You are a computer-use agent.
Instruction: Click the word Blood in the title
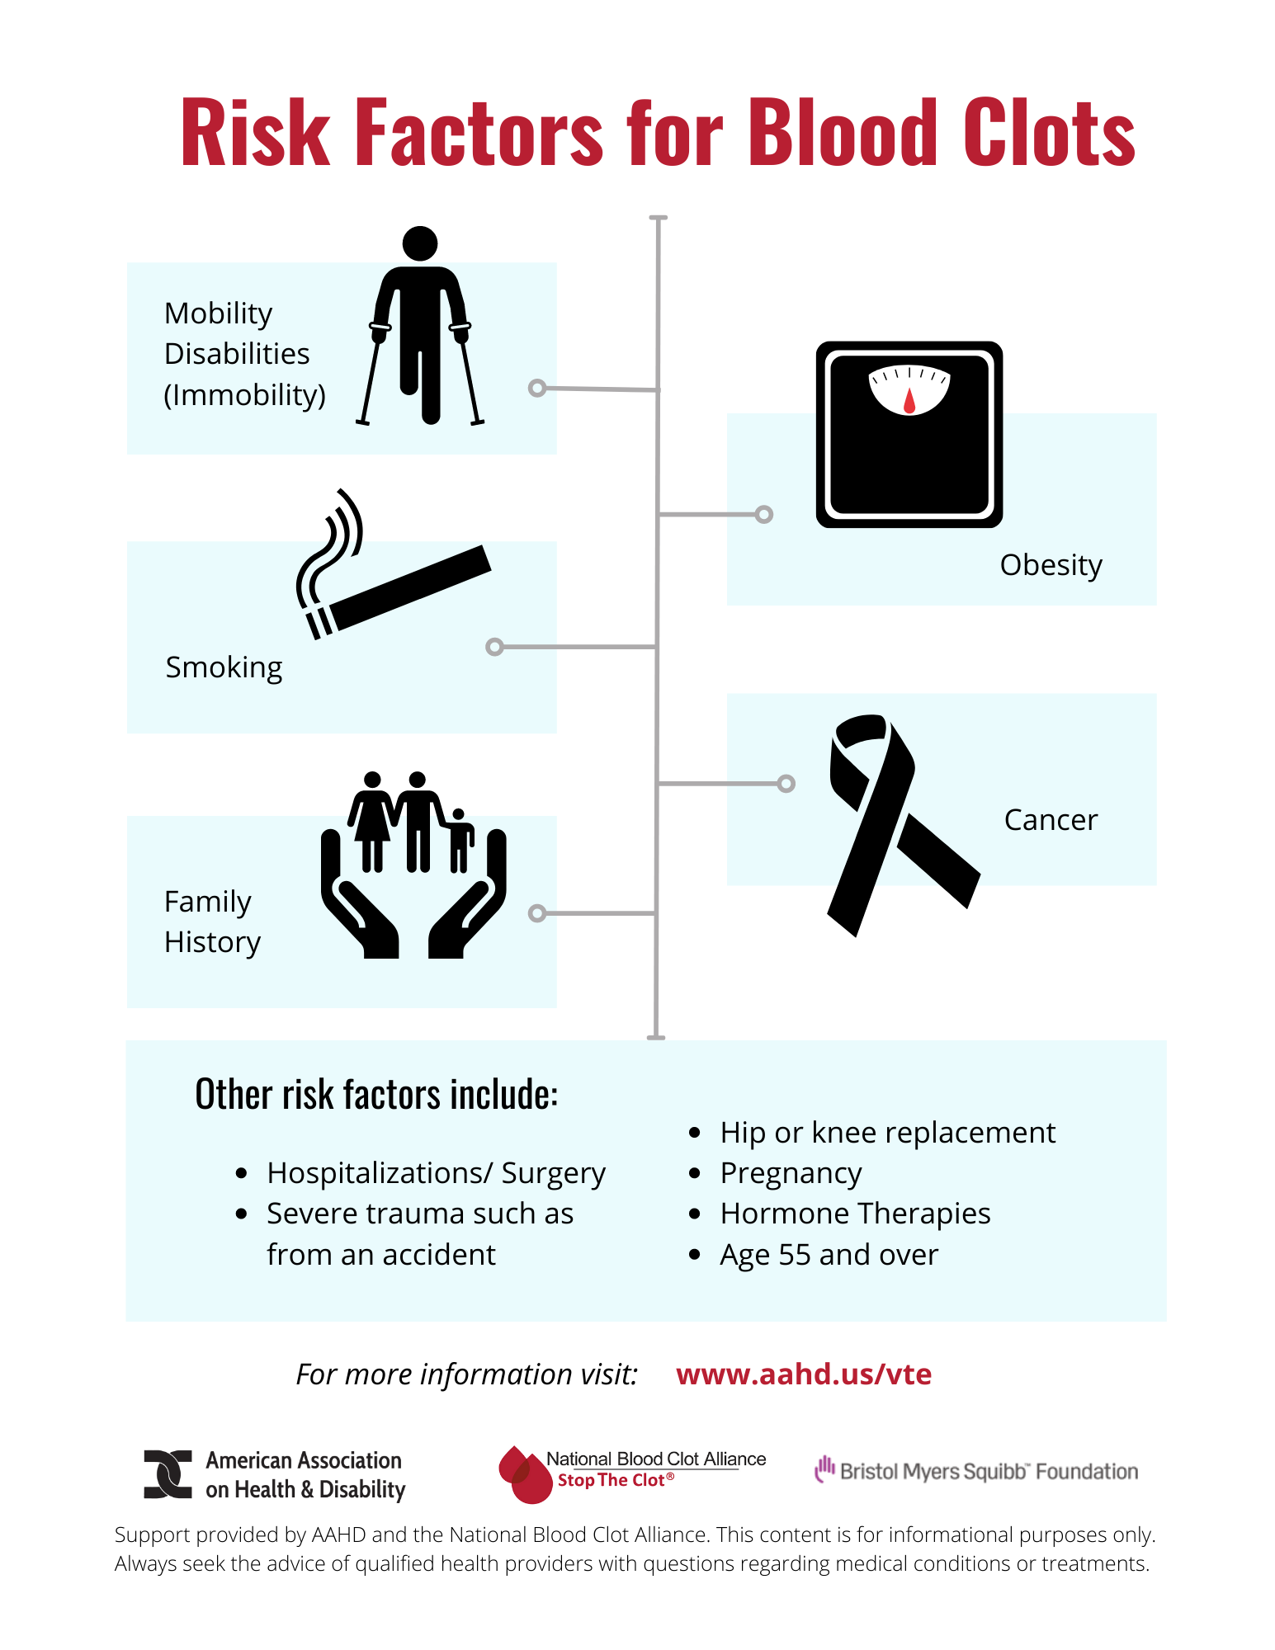tap(843, 132)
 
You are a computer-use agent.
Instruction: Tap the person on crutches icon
tap(420, 326)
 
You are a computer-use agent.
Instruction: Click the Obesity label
tap(1051, 565)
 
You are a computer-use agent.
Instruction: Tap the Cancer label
tap(1051, 820)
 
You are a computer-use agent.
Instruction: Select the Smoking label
tap(224, 667)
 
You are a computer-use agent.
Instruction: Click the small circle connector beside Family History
tap(537, 913)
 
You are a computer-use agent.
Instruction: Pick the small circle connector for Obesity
tap(764, 515)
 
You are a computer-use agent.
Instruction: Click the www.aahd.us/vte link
tap(804, 1374)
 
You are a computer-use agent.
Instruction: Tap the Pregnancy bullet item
tap(791, 1173)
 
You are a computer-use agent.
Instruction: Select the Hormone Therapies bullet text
tap(855, 1214)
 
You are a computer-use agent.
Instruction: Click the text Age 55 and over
tap(829, 1255)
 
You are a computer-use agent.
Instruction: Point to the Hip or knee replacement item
tap(887, 1133)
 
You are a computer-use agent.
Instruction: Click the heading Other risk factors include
tap(376, 1095)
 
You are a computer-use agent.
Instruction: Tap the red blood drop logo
tap(525, 1474)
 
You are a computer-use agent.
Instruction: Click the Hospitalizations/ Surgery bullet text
tap(436, 1173)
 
